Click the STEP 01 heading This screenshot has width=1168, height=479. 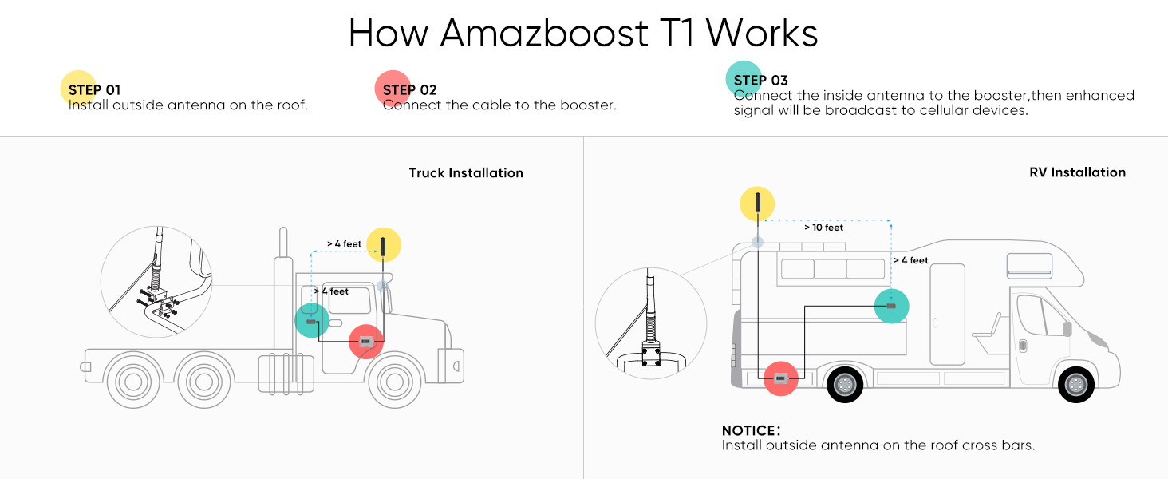pyautogui.click(x=94, y=89)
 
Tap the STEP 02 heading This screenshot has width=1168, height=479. pyautogui.click(x=410, y=89)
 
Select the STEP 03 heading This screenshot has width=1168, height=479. pyautogui.click(x=760, y=80)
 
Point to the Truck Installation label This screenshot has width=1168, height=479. pyautogui.click(x=466, y=172)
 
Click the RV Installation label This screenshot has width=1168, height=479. pyautogui.click(x=1077, y=172)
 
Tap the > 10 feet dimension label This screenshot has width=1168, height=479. pyautogui.click(x=823, y=228)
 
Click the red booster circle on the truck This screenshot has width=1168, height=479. pyautogui.click(x=366, y=342)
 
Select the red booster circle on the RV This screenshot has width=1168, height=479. pyautogui.click(x=781, y=379)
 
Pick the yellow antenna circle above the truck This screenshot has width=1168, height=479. pyautogui.click(x=383, y=245)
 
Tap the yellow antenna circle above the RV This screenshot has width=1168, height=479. pyautogui.click(x=757, y=204)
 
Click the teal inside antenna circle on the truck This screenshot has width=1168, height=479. pyautogui.click(x=312, y=321)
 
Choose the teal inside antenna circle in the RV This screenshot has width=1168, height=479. pyautogui.click(x=891, y=306)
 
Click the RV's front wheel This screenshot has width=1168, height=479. pyautogui.click(x=1075, y=385)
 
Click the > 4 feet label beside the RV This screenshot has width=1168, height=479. pyautogui.click(x=910, y=260)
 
